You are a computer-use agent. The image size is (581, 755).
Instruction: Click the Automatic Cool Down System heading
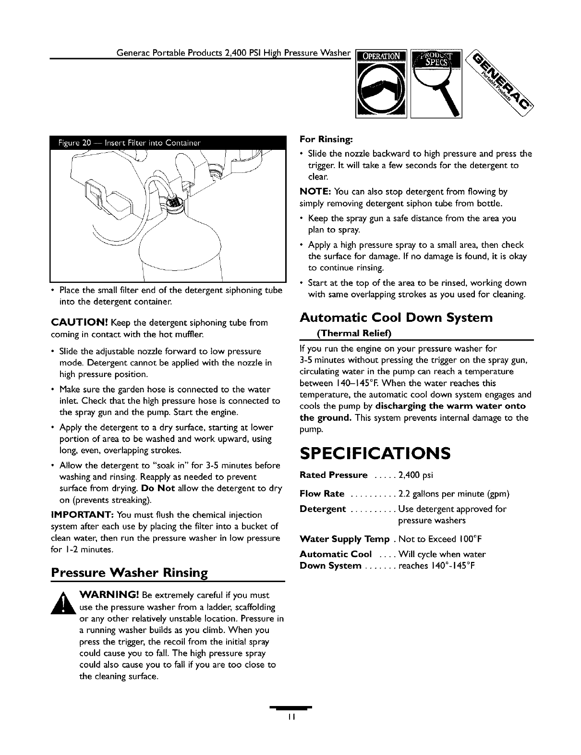(x=396, y=317)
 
